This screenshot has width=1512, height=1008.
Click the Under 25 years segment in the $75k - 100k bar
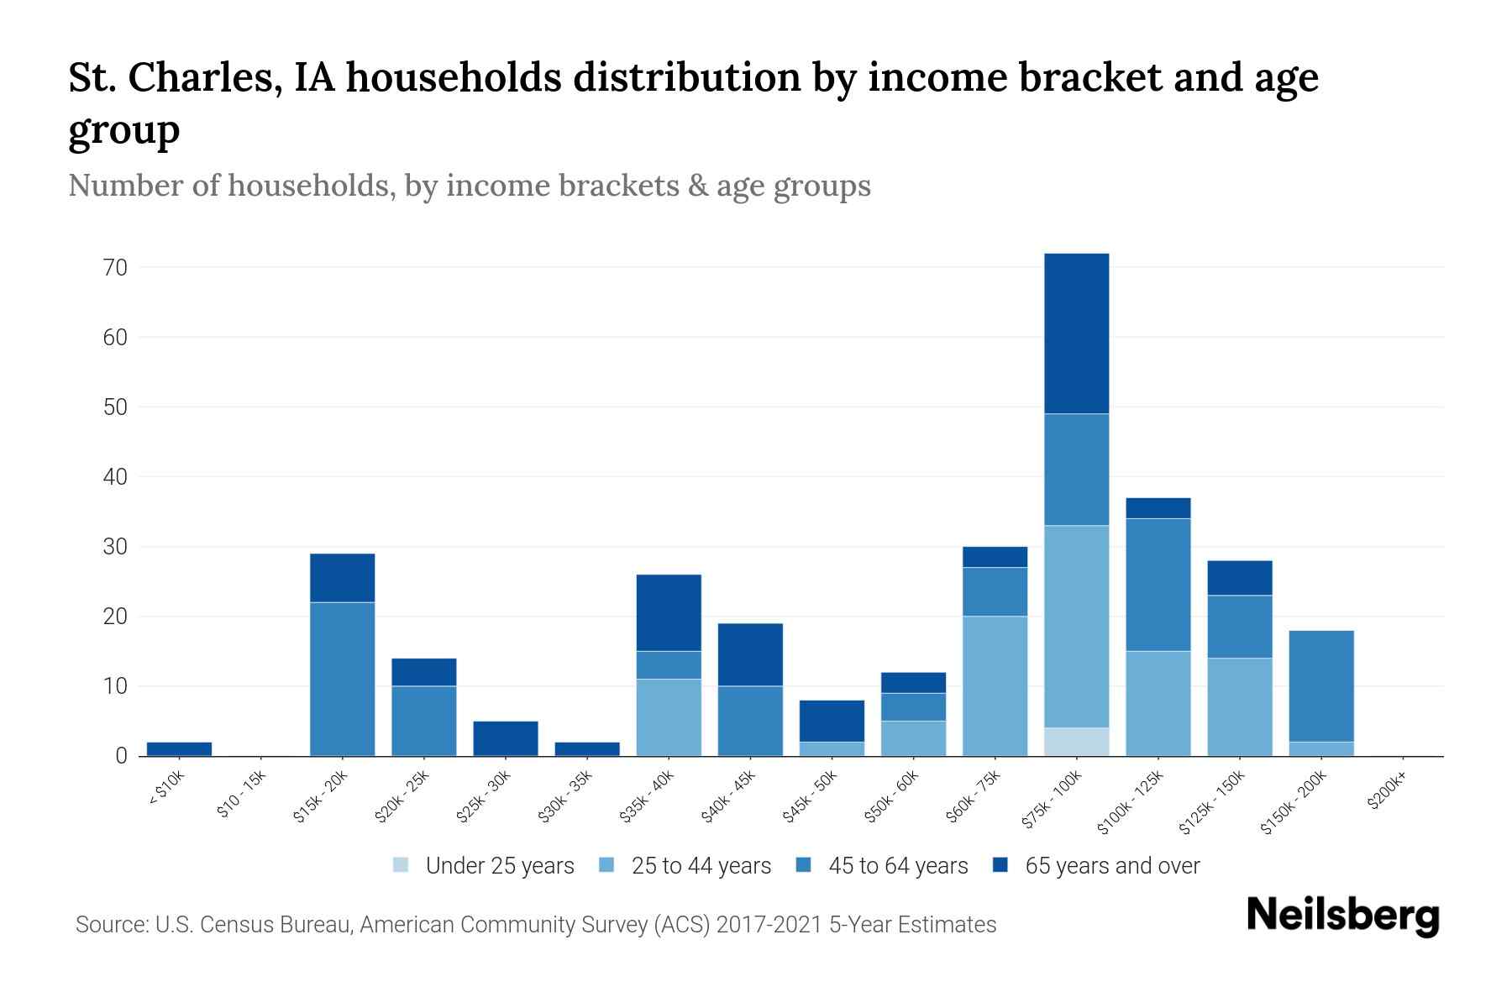coord(1076,742)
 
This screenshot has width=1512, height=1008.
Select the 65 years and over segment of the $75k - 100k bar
coord(1076,333)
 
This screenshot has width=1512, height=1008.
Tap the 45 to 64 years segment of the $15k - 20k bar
coord(342,679)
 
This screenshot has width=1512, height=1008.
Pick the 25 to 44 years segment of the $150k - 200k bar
coord(1321,748)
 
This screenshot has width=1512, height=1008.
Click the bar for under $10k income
coord(179,748)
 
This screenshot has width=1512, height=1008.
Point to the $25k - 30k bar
coord(505,738)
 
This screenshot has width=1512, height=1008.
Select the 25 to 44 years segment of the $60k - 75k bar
coord(995,685)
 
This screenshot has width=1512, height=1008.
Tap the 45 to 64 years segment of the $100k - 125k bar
coord(1158,585)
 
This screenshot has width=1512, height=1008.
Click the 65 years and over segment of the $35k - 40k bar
coord(669,612)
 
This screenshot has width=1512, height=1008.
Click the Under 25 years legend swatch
coord(402,865)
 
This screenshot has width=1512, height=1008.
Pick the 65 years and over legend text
coord(1112,865)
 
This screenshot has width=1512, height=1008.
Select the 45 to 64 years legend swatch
coord(804,865)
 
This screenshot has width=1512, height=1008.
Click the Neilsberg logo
coord(1342,916)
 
